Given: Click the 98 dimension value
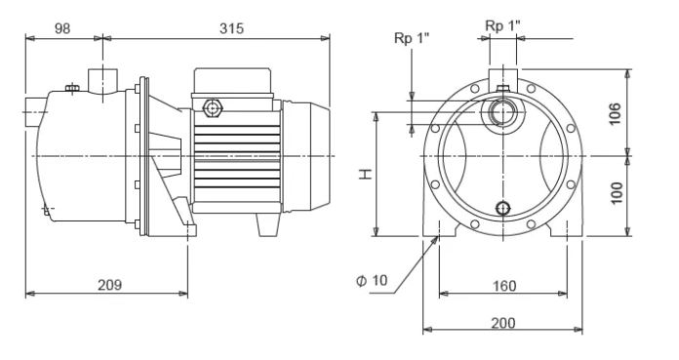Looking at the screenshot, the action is point(62,28).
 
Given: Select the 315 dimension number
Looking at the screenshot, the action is point(231,28).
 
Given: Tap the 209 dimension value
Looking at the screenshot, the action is point(109,285).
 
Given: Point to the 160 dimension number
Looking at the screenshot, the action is point(504,286).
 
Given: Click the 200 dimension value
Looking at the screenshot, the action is point(503,323).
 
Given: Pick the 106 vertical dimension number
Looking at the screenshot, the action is point(615,113).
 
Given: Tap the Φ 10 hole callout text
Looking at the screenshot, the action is point(372,280).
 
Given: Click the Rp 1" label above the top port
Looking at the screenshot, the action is point(502,25).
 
